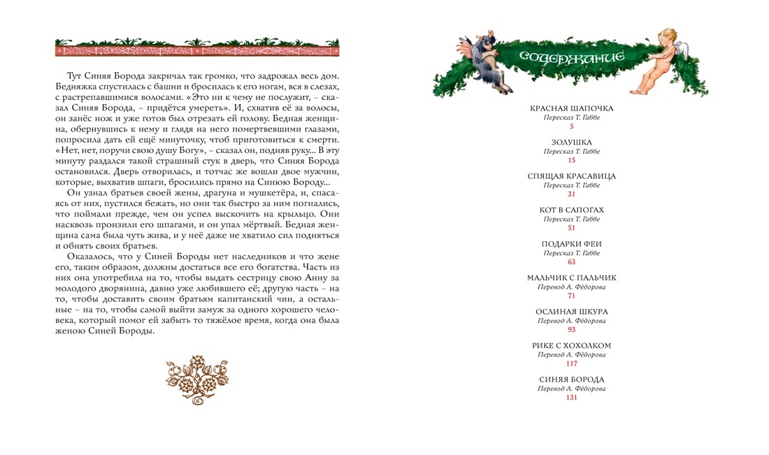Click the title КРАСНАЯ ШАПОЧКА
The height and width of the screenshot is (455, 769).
point(571,109)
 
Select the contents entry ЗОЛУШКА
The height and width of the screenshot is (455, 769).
point(571,143)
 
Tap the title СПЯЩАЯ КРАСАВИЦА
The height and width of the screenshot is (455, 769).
point(571,176)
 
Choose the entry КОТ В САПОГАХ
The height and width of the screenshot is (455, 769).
point(571,210)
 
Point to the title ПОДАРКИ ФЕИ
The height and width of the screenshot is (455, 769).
point(571,244)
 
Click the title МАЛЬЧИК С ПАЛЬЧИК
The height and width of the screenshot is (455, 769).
point(571,277)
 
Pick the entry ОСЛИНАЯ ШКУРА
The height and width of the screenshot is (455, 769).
point(571,312)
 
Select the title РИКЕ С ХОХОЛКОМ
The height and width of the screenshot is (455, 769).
point(571,345)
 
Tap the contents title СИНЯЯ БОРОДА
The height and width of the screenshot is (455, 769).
point(571,380)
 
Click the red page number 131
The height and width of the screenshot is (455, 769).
point(571,398)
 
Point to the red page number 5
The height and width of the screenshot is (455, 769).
point(571,127)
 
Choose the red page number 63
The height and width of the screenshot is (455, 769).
point(571,262)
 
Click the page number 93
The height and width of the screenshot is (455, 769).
point(571,330)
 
